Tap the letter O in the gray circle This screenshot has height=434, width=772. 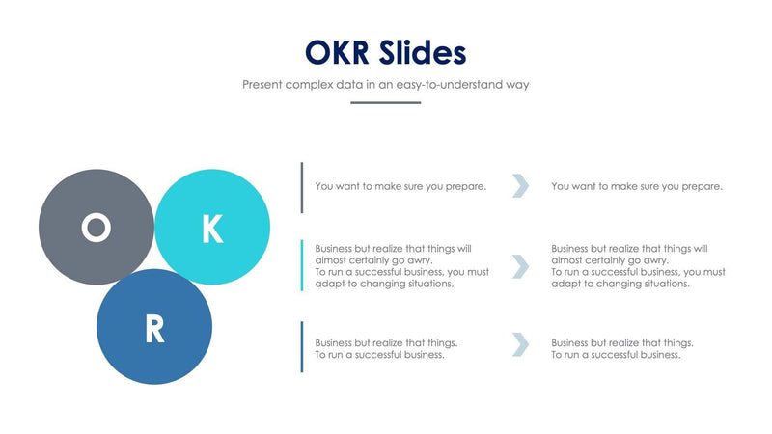point(96,228)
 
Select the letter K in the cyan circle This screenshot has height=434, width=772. point(211,229)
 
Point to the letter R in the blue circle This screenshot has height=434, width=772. point(154,330)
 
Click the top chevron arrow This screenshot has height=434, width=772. point(520,186)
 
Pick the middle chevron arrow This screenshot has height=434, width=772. point(520,266)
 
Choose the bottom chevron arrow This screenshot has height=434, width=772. point(520,344)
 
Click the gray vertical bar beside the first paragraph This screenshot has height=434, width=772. point(302,187)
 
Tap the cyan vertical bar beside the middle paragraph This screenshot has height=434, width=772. point(302,265)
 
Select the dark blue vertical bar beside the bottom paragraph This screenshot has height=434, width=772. point(302,346)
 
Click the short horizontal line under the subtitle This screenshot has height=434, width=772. point(385,102)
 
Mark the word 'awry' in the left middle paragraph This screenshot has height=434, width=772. point(419,260)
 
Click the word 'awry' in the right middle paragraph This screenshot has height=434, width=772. point(654,260)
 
